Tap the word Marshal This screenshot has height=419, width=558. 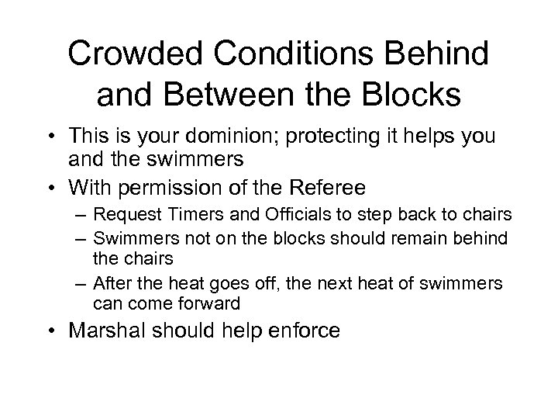[x=108, y=331]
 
